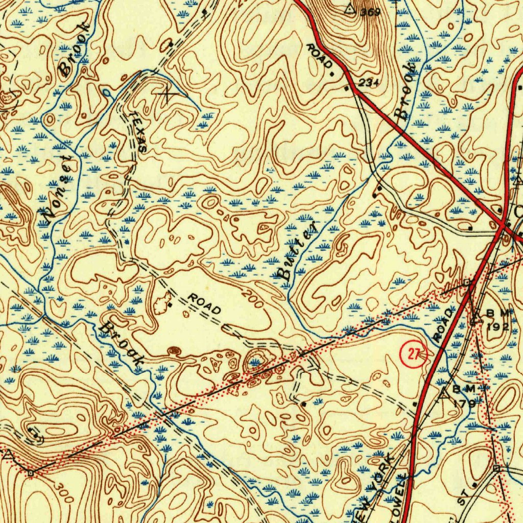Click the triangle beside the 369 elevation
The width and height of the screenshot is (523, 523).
[x=350, y=9]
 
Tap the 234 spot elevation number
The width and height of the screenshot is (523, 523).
[x=369, y=82]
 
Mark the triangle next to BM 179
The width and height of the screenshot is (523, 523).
[x=444, y=393]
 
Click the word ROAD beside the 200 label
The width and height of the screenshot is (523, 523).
[x=204, y=303]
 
